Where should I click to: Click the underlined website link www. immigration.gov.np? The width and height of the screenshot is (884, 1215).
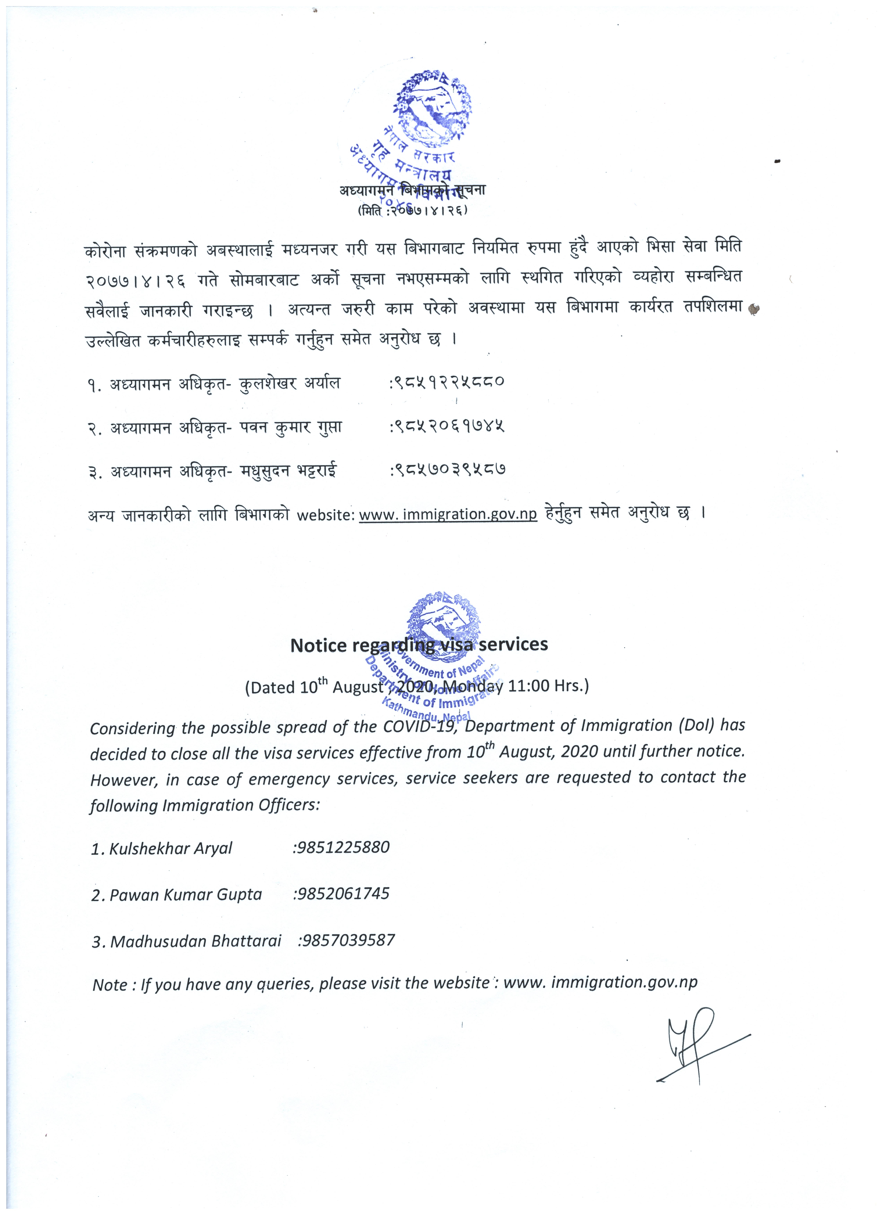448,514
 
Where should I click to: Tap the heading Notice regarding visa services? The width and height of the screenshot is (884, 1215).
419,644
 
